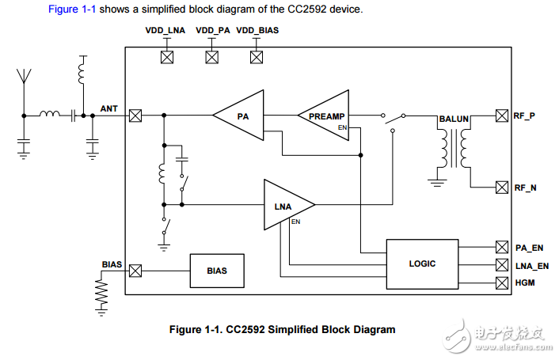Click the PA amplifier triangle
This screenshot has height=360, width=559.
241,116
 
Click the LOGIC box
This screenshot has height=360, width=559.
422,263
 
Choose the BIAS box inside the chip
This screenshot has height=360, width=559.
216,270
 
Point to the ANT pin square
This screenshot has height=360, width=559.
135,116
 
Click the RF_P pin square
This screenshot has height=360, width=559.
501,116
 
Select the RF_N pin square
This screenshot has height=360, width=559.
501,188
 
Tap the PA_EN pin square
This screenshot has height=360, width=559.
501,247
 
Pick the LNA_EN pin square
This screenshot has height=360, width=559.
501,264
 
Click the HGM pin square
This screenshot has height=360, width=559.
501,282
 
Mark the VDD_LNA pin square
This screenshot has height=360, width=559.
167,57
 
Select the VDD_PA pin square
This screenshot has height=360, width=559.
211,57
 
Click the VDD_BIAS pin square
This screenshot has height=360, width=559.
256,57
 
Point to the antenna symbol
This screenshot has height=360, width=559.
24,78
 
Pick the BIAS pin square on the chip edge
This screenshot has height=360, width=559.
135,270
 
